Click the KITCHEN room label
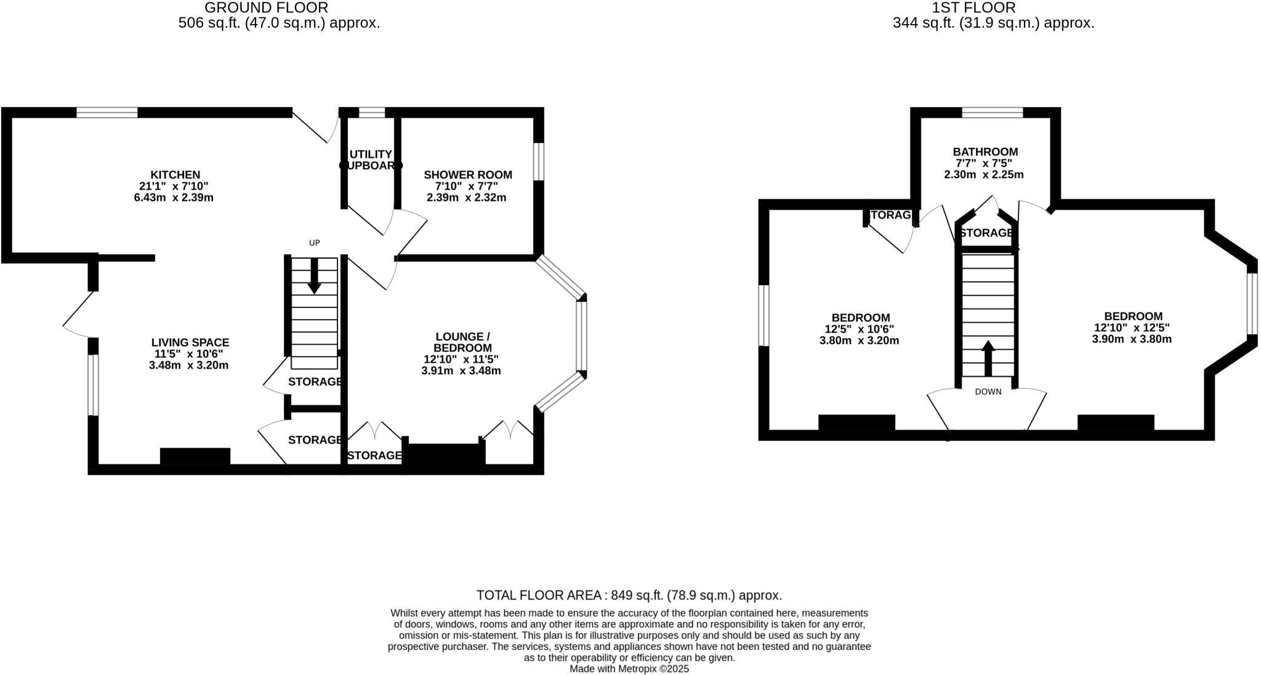click(175, 175)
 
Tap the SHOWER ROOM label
click(467, 175)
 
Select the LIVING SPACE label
click(190, 342)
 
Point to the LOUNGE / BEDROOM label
click(462, 342)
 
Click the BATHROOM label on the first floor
click(985, 152)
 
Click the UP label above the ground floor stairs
click(314, 243)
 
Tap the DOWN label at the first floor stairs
click(988, 392)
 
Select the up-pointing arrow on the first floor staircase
click(988, 358)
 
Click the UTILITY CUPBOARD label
click(371, 160)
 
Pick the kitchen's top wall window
click(107, 112)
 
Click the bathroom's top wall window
click(992, 112)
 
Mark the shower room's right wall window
click(539, 161)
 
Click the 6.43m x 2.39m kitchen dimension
click(174, 198)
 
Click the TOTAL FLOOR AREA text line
click(629, 596)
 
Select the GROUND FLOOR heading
click(266, 8)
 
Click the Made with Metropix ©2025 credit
click(629, 669)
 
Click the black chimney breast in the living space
click(195, 456)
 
